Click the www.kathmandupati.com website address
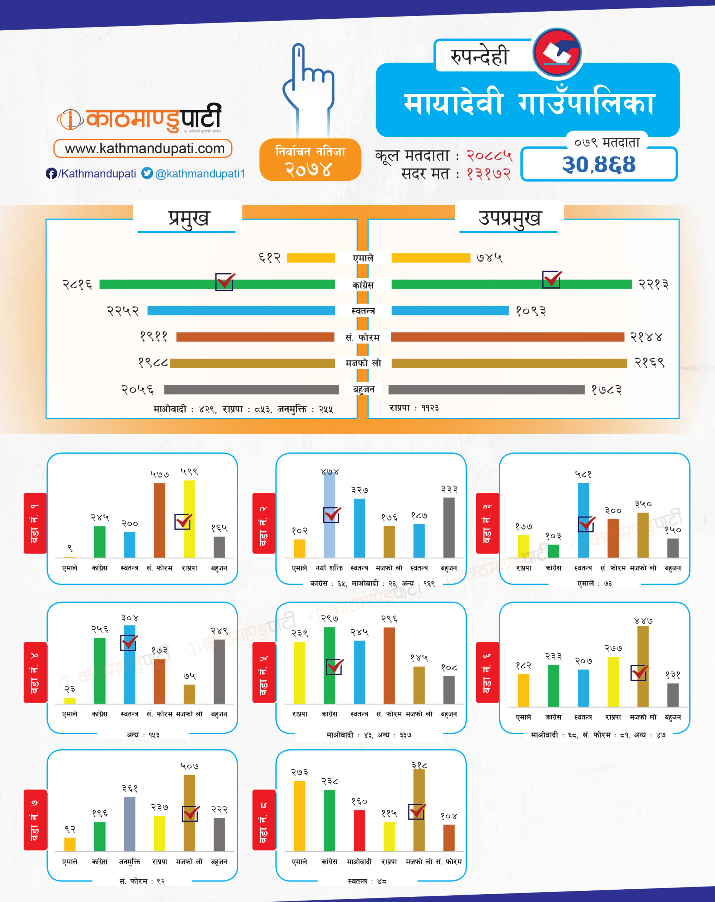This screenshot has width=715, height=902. (x=144, y=149)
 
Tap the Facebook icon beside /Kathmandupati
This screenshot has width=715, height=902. (x=51, y=174)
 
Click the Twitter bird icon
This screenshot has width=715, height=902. (x=147, y=173)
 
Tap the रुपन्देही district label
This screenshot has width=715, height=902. (x=479, y=56)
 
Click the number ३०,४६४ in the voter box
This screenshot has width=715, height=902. (x=598, y=165)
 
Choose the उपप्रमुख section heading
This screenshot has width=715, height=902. (x=509, y=218)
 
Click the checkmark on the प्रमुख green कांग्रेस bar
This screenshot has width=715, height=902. (x=225, y=282)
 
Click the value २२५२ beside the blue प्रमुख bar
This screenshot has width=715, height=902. (x=123, y=311)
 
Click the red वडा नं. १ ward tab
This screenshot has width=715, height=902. (x=35, y=523)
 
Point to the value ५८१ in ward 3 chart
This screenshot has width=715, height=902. (x=583, y=474)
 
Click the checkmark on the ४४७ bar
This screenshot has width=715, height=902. (x=639, y=673)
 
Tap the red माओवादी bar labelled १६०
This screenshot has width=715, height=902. (x=359, y=830)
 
